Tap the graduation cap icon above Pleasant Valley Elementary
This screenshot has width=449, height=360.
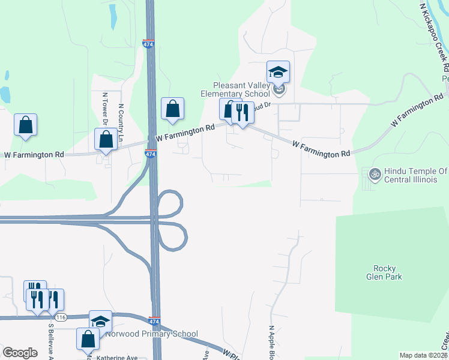click(x=278, y=73)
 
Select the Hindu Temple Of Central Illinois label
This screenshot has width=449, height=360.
click(x=414, y=175)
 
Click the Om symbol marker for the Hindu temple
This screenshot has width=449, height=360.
click(x=375, y=175)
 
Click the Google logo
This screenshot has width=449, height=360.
click(x=20, y=353)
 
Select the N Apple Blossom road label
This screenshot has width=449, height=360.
click(x=271, y=344)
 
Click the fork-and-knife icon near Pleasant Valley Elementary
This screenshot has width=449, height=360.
click(x=243, y=112)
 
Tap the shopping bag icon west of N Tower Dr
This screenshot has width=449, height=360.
click(x=26, y=125)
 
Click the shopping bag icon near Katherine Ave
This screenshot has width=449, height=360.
click(x=88, y=338)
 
